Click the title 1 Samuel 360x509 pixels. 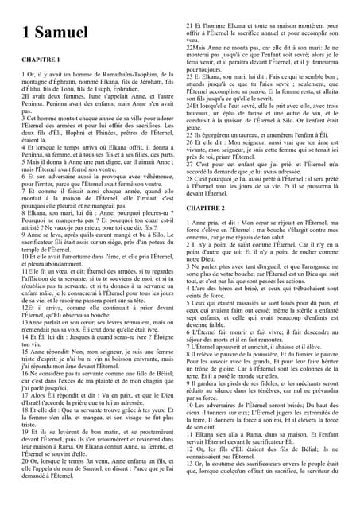point(55,32)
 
